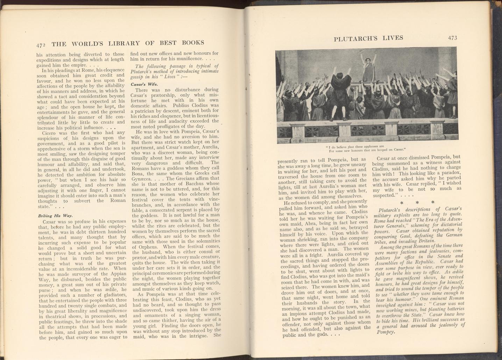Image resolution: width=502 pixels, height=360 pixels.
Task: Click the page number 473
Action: pos(452,38)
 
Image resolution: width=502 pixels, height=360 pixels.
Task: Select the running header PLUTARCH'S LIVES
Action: pos(368,38)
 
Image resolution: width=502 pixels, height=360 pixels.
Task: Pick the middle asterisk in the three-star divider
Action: pos(417,202)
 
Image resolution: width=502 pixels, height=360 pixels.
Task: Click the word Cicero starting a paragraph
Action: pos(52,133)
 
